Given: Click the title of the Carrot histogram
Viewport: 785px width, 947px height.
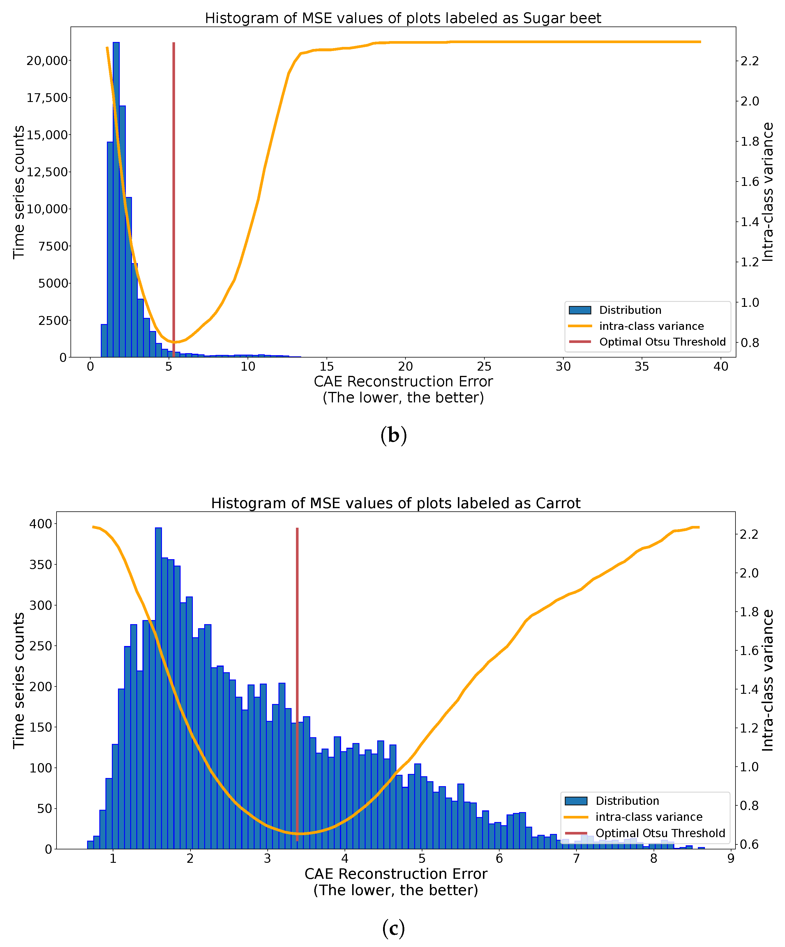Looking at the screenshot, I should tap(396, 503).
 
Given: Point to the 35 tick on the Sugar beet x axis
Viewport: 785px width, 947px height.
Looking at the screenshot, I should tap(642, 367).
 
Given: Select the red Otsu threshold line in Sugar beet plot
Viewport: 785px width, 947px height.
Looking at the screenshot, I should tap(174, 180).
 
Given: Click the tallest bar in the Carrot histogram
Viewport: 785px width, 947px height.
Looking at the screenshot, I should tap(158, 676).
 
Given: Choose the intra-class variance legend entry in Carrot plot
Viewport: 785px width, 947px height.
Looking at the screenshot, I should tap(648, 817).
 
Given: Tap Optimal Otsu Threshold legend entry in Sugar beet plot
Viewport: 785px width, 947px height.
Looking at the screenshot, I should tap(662, 342).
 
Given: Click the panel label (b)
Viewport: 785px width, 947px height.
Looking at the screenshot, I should tap(393, 436).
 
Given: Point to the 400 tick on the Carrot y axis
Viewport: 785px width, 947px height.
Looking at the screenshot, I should tap(40, 524).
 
